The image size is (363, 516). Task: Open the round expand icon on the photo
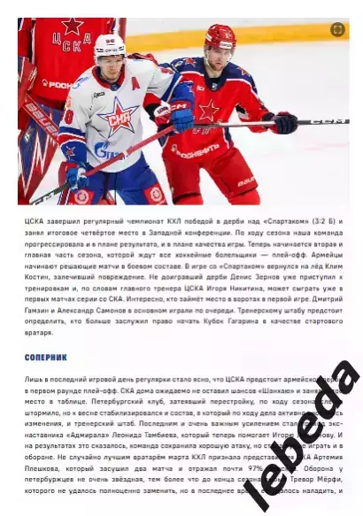(336, 29)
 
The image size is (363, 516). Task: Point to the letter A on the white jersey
(135, 82)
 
